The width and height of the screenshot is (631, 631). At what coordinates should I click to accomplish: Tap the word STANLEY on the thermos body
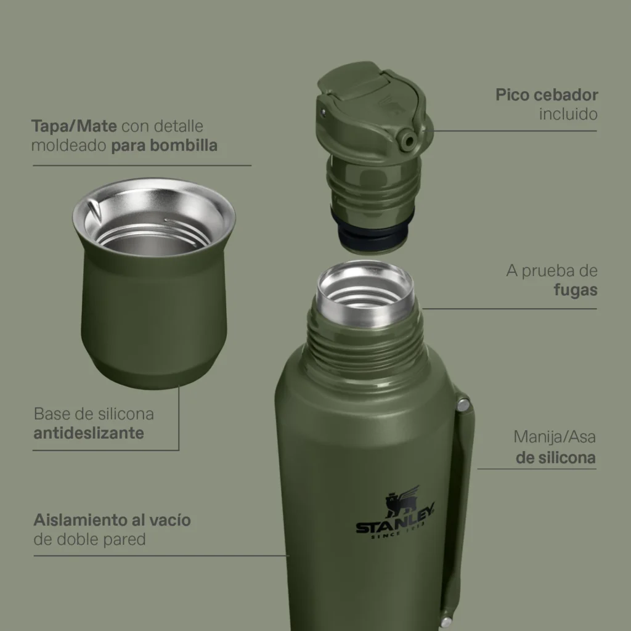pyautogui.click(x=395, y=521)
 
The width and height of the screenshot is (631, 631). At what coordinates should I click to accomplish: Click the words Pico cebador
pyautogui.click(x=547, y=95)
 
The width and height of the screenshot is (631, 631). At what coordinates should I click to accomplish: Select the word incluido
pyautogui.click(x=568, y=114)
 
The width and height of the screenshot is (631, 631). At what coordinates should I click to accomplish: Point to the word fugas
pyautogui.click(x=576, y=290)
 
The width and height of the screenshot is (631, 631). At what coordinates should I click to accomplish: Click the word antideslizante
pyautogui.click(x=89, y=433)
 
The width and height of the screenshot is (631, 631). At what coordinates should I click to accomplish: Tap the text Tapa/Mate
pyautogui.click(x=74, y=126)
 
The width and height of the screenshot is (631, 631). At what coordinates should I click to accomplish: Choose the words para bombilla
pyautogui.click(x=164, y=145)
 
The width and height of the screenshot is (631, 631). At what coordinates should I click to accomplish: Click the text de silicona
pyautogui.click(x=556, y=458)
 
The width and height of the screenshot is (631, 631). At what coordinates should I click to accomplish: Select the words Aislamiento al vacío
pyautogui.click(x=112, y=520)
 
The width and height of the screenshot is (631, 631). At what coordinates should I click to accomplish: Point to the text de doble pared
pyautogui.click(x=89, y=539)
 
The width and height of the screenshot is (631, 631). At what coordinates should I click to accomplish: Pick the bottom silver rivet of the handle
pyautogui.click(x=446, y=622)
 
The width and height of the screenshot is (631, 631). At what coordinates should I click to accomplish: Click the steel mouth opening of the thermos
pyautogui.click(x=365, y=289)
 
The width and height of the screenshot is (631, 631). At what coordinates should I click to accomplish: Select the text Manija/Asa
pyautogui.click(x=555, y=437)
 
